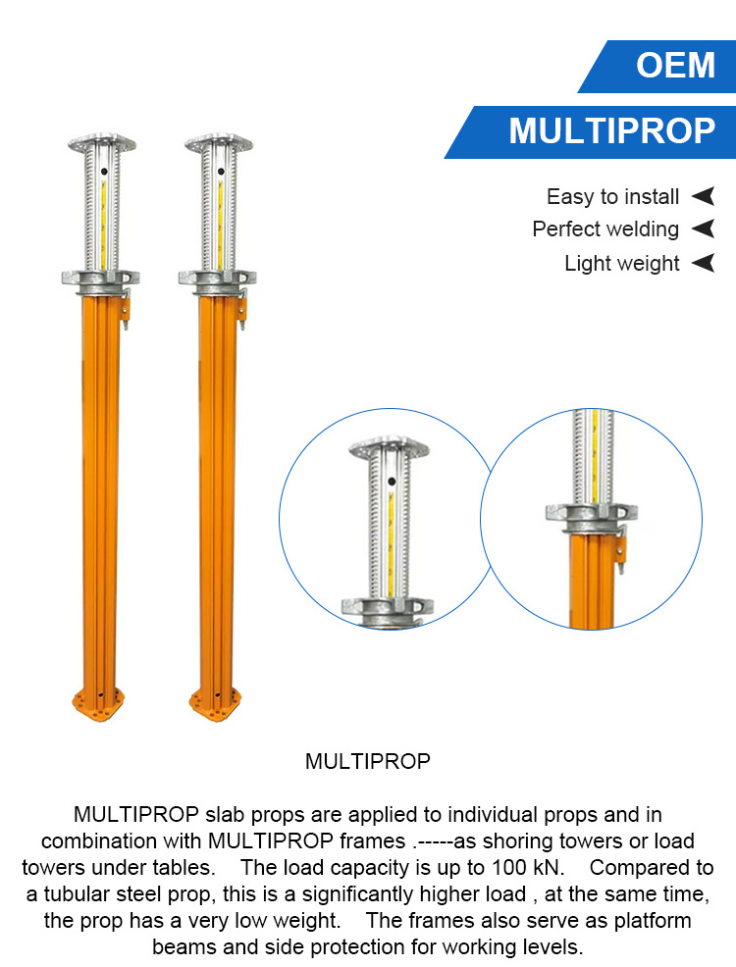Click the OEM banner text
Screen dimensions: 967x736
[x=675, y=66]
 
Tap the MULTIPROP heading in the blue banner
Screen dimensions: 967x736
[x=611, y=131]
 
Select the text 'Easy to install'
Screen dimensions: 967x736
[x=612, y=197]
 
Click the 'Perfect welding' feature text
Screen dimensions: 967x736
[x=605, y=229]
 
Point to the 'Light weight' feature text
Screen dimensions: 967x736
[x=622, y=264]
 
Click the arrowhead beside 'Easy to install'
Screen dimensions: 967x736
[x=703, y=197]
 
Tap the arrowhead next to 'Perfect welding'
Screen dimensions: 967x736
[x=703, y=229]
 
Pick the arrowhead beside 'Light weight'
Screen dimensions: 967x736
[x=703, y=264]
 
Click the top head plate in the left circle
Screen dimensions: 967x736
[x=390, y=448]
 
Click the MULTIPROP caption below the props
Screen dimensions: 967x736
[x=367, y=762]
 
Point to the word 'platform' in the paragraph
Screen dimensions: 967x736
[x=645, y=921]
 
